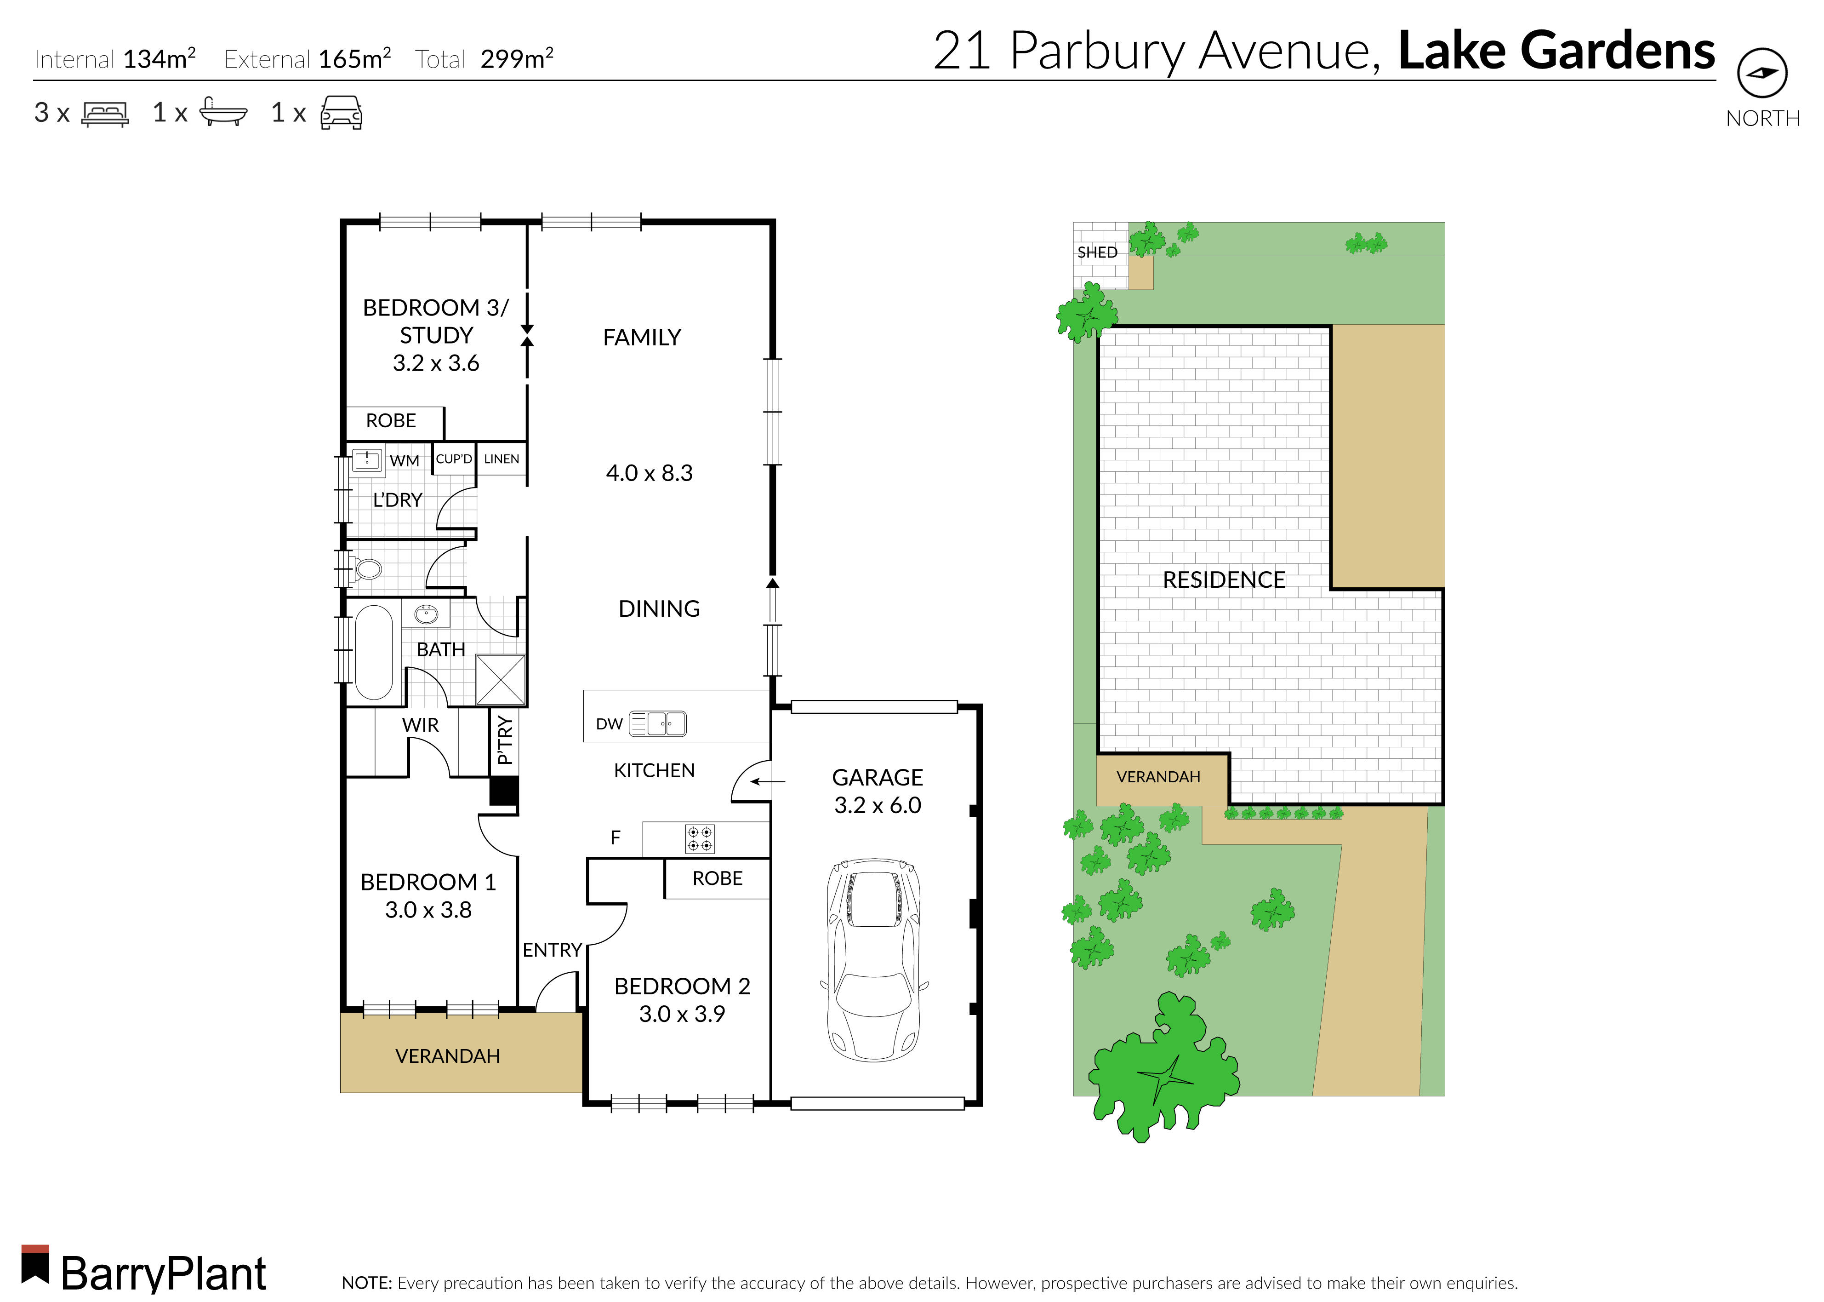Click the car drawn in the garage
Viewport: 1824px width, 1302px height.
pos(873,960)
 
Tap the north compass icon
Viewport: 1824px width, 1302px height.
pos(1762,73)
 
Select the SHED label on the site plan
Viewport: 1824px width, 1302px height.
pos(1097,252)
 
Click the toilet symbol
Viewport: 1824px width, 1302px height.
pos(368,569)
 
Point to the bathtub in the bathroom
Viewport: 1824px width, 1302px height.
pos(373,652)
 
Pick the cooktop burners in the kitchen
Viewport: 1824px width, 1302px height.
pos(700,838)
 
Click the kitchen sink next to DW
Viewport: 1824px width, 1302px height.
pos(658,723)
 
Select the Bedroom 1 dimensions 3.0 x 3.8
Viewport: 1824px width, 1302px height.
pos(428,910)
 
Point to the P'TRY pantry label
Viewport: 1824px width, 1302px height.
pos(504,740)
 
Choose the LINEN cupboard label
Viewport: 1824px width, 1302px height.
pos(502,459)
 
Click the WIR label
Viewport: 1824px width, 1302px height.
pos(420,725)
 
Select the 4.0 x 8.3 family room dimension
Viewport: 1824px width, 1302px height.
pos(649,473)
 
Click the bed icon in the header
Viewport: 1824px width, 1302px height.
pos(105,113)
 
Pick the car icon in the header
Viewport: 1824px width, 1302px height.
pos(342,113)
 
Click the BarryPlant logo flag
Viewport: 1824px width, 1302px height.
pos(35,1264)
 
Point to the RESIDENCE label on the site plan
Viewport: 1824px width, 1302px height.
pos(1224,579)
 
